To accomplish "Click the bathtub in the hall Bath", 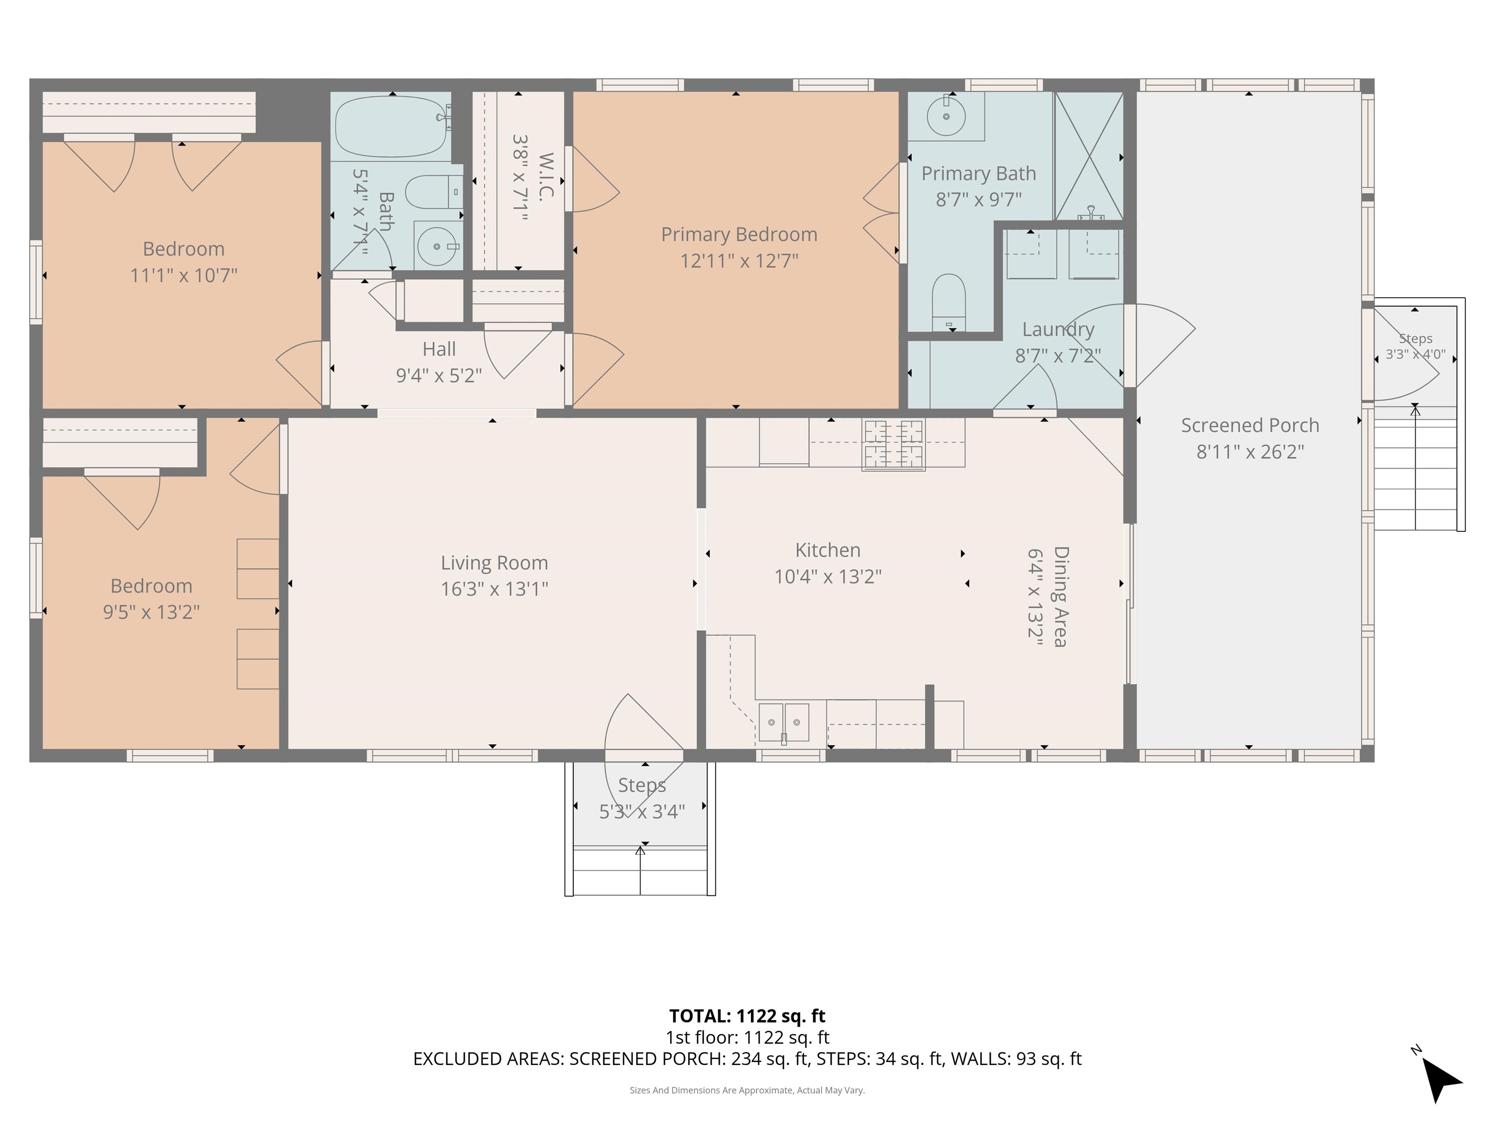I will pos(391,127).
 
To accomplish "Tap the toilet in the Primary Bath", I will pos(949,303).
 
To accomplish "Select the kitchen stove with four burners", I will pos(893,445).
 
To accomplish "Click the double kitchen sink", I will pos(784,723).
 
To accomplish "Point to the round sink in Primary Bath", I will pos(946,116).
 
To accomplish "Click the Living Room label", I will pos(494,563).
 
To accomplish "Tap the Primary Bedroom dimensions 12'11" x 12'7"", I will pos(739,261).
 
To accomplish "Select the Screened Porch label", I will pos(1250,426).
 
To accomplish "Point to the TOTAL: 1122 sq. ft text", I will pos(747,1016).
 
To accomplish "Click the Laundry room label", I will pos(1057,330).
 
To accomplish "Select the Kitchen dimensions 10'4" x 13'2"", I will pos(827,577).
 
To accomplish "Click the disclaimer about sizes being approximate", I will pos(747,1090).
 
